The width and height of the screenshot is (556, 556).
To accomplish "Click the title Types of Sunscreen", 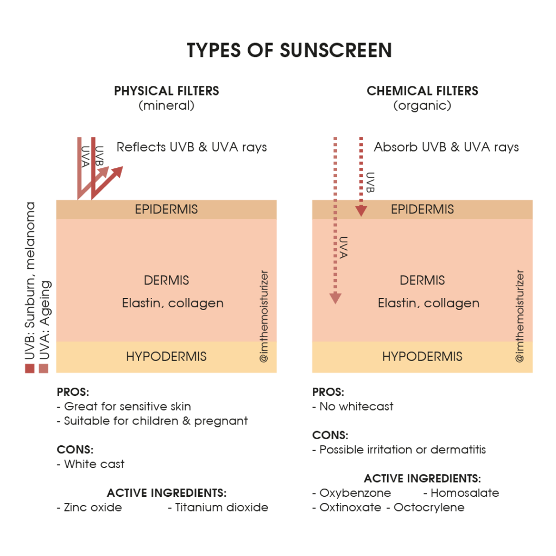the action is point(289,50).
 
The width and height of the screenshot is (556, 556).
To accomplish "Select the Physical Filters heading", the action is point(167,91).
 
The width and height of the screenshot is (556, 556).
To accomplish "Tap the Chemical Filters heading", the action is point(422,91).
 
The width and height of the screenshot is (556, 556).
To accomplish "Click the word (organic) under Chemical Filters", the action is point(422,106).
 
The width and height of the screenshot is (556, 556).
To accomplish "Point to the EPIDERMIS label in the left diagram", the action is point(166,209).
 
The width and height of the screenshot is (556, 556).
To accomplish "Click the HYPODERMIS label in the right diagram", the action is point(422,356).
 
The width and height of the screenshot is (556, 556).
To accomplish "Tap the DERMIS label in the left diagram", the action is point(166,280).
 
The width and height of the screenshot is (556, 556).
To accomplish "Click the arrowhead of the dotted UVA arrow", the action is point(336,299).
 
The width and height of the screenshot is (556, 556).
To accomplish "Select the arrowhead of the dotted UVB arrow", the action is point(361,211).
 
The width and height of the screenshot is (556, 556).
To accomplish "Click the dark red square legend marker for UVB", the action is point(30,369).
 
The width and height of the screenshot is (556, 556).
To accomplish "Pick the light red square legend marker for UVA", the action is point(43,369).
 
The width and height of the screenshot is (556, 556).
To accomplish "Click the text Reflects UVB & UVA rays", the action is point(192,147).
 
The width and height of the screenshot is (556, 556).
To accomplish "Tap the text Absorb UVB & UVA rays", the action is point(446,147).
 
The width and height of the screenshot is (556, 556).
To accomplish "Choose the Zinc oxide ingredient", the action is point(90,508).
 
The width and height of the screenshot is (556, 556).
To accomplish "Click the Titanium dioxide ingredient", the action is point(218,508).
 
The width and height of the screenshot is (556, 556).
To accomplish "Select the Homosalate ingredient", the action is point(462,493).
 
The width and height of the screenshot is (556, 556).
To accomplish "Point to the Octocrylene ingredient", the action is point(426,508).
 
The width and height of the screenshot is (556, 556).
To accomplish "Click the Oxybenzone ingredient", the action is point(352,493).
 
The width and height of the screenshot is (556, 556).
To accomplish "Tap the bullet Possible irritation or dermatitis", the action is point(399,450).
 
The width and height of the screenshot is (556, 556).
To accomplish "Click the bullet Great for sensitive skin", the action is point(124,406).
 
